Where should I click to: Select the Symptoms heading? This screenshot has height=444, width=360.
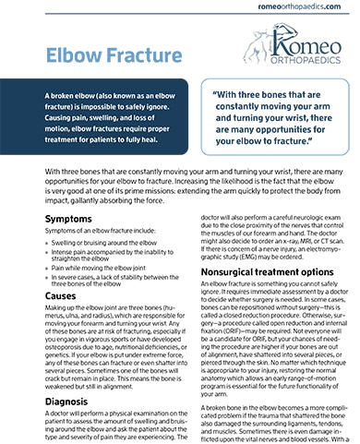click(44, 218)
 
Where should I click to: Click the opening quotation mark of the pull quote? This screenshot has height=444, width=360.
click(216, 94)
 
